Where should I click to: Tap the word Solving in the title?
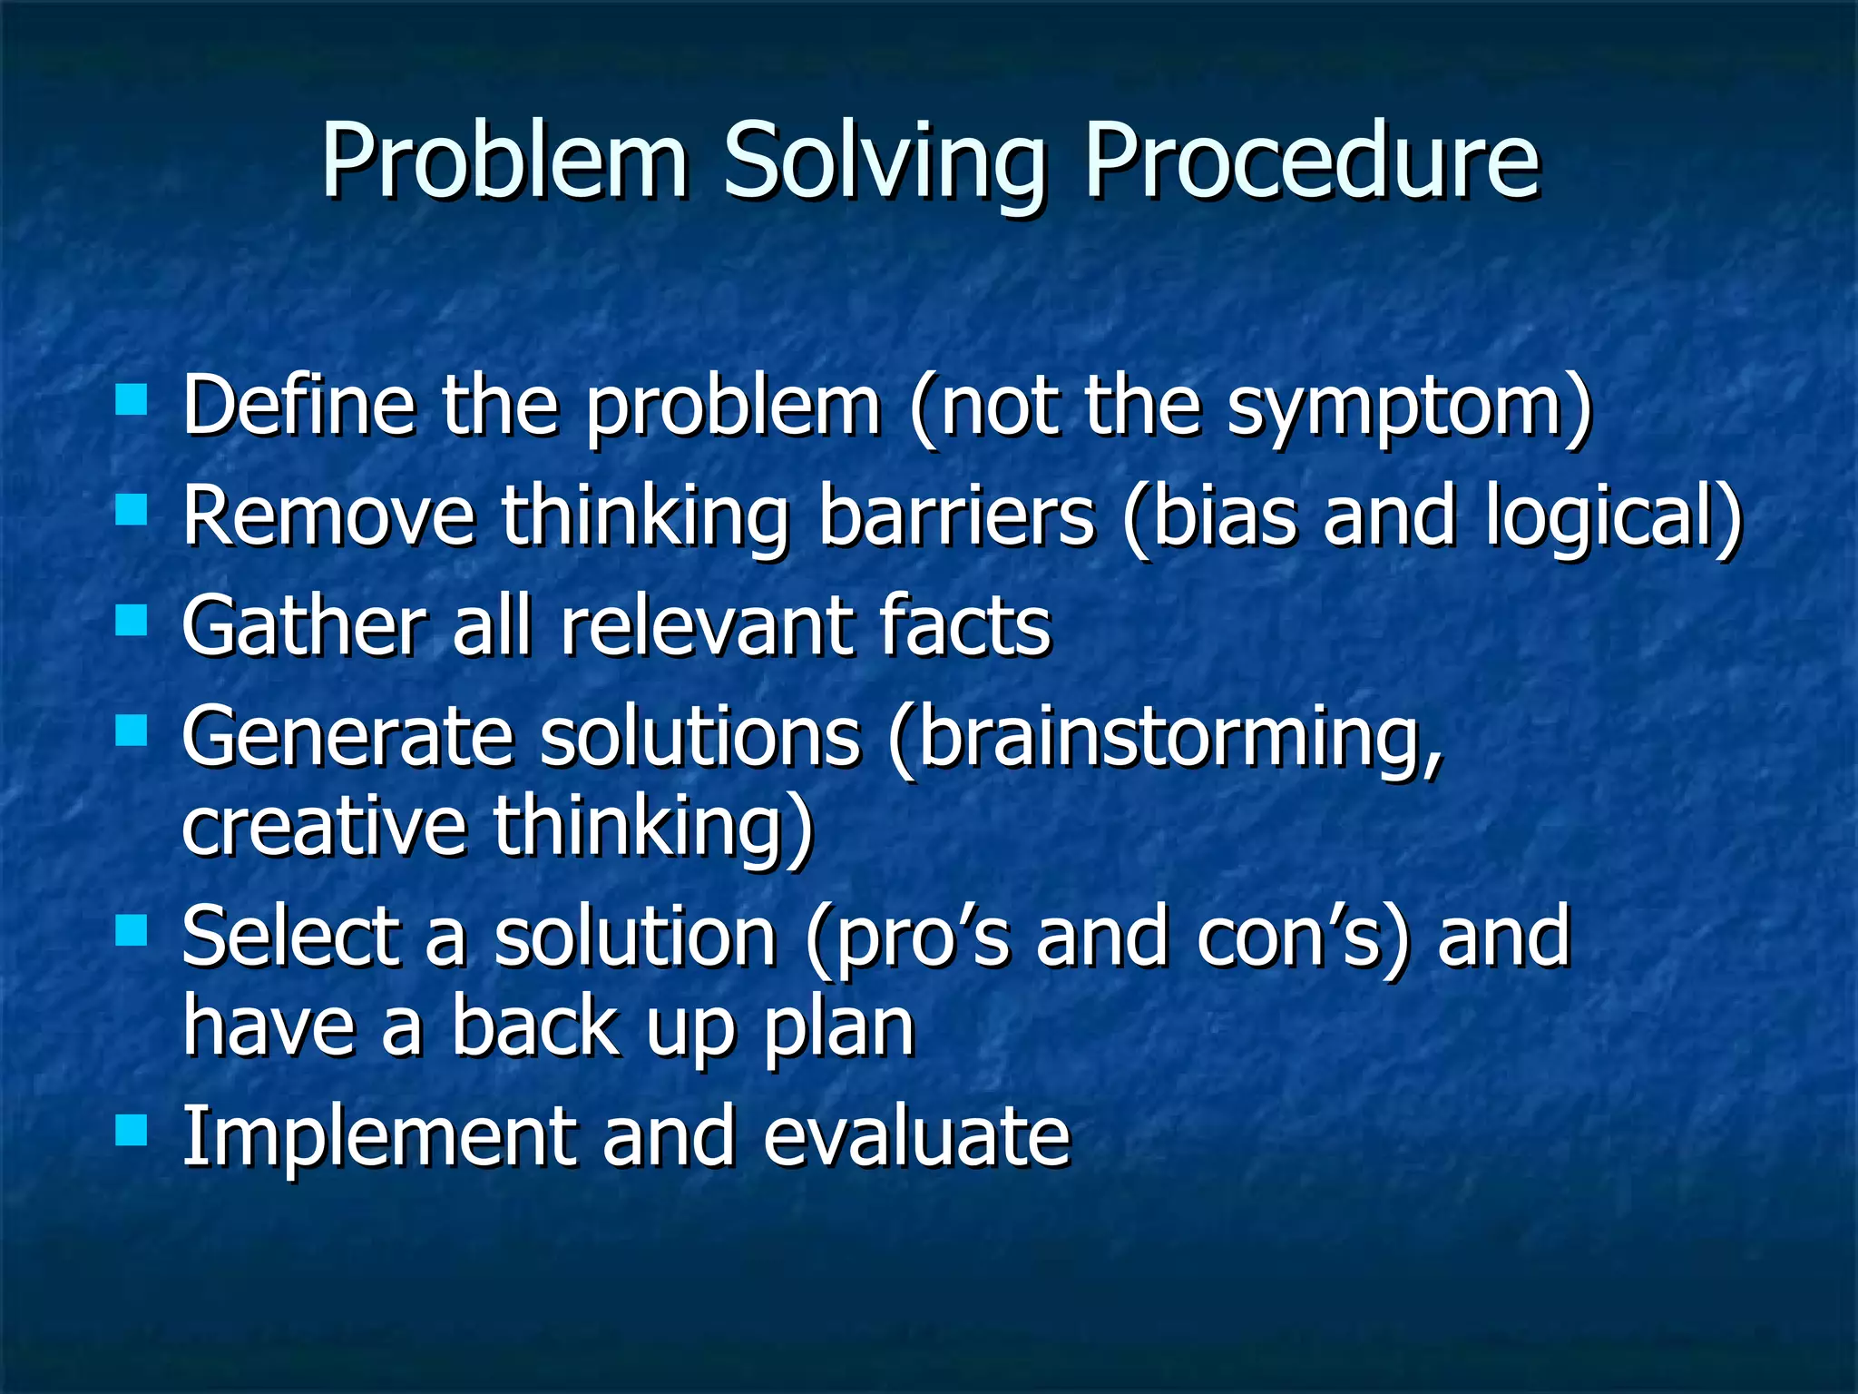pyautogui.click(x=884, y=163)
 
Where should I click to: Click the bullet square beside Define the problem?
pyautogui.click(x=132, y=399)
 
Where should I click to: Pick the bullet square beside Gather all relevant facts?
pyautogui.click(x=132, y=621)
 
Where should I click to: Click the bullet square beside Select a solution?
pyautogui.click(x=132, y=929)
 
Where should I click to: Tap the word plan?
pyautogui.click(x=838, y=1031)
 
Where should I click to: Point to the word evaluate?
pyautogui.click(x=916, y=1138)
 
